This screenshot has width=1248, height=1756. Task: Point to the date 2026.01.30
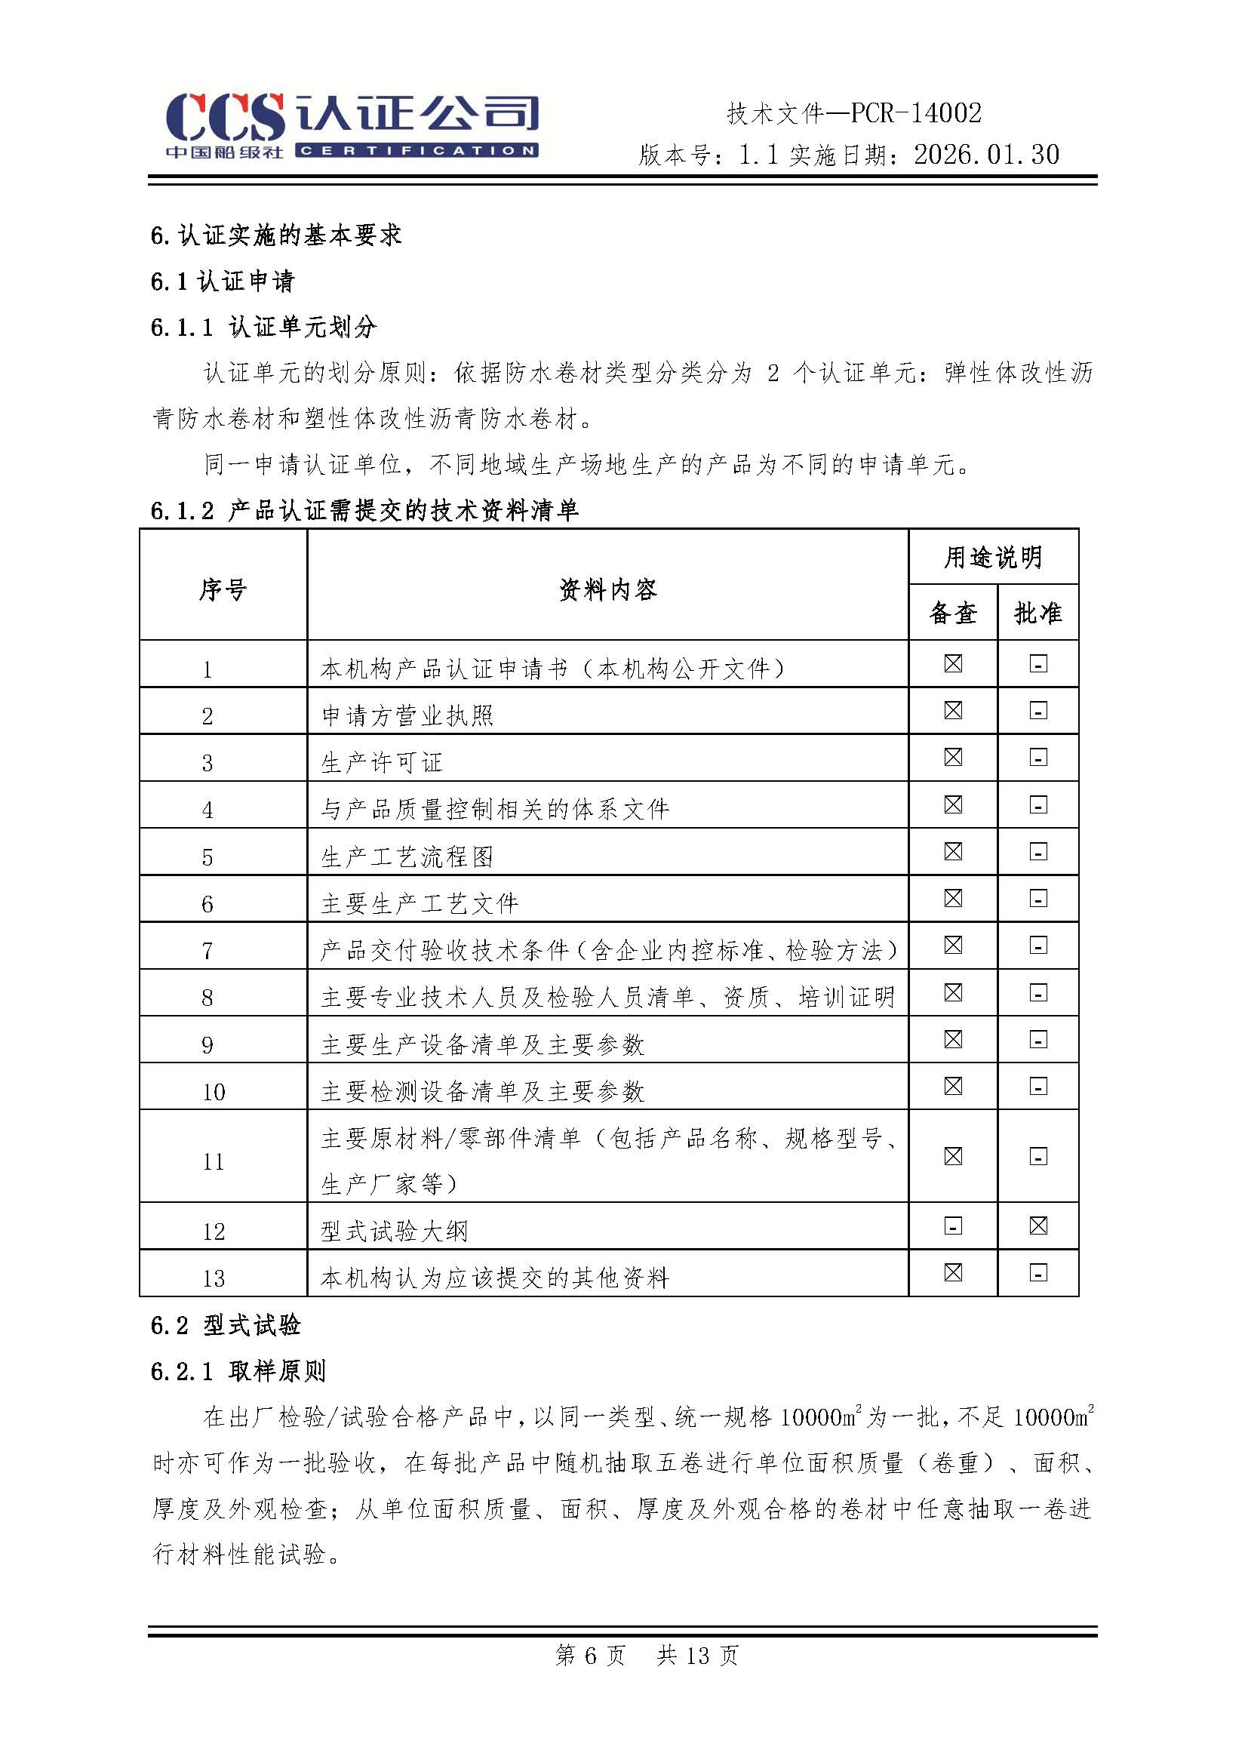[x=987, y=155]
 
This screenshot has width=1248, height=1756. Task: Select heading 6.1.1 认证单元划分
[x=263, y=328]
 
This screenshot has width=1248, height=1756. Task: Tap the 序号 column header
[x=223, y=590]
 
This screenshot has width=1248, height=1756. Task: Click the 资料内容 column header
[x=607, y=590]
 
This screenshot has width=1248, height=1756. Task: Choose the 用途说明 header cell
[x=993, y=557]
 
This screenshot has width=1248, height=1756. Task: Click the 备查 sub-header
[x=953, y=614]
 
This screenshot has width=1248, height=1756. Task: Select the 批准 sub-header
[x=1037, y=614]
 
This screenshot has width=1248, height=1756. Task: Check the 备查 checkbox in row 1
[x=953, y=664]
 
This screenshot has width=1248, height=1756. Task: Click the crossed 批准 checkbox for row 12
[x=1038, y=1226]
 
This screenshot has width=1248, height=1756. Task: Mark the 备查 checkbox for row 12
[x=953, y=1226]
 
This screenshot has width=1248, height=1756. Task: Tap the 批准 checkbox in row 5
[x=1038, y=852]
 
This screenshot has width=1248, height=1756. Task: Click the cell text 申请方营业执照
[x=407, y=716]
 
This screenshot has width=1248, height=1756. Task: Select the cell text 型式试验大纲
[x=394, y=1231]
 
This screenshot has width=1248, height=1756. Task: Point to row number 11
[x=213, y=1161]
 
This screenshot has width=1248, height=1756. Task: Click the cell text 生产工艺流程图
[x=407, y=856]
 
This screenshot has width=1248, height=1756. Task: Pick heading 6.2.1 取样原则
[x=238, y=1371]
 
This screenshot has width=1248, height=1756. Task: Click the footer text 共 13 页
[x=698, y=1656]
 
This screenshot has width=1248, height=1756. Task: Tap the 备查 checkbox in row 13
[x=953, y=1272]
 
